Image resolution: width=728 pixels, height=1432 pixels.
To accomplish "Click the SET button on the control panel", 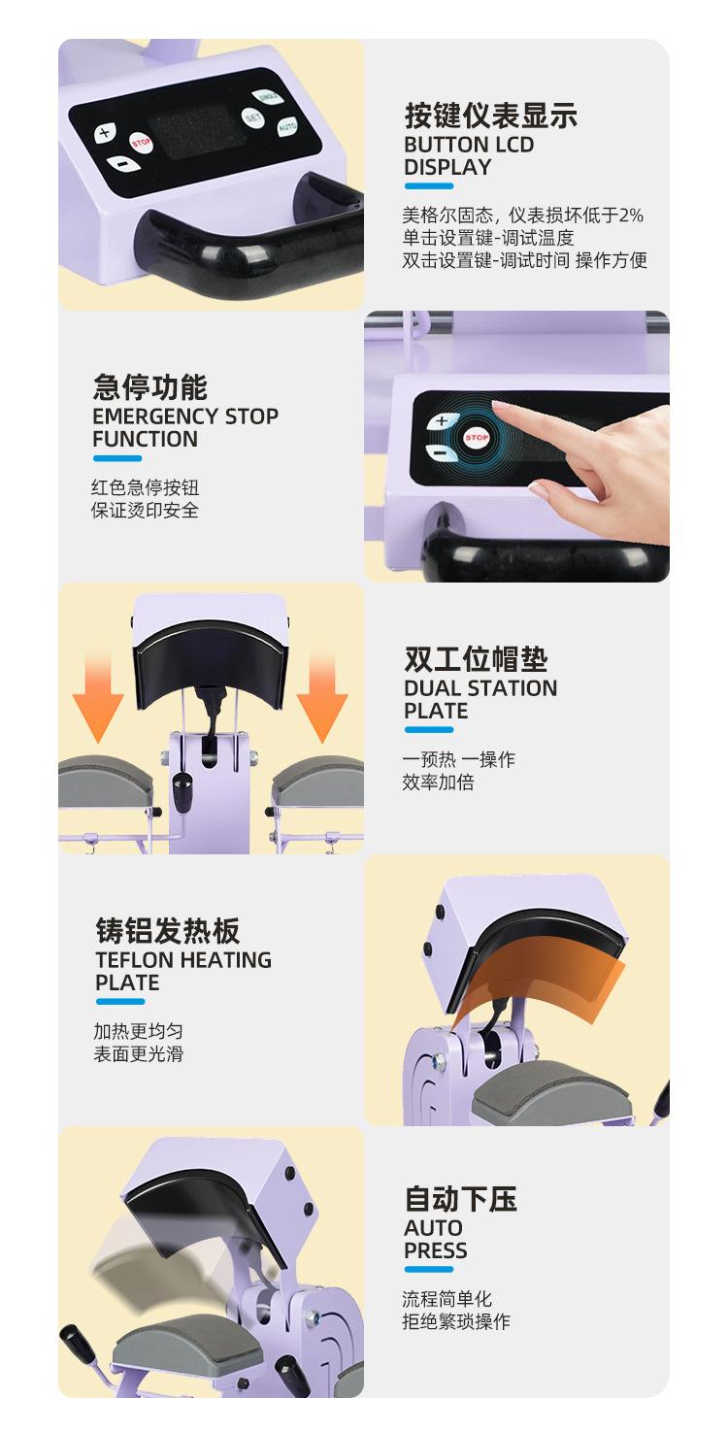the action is pos(253,117).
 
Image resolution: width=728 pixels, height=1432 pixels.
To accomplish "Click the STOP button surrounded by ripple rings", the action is pos(476,437).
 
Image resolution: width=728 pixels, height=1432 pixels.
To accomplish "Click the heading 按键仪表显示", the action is pos(491,116).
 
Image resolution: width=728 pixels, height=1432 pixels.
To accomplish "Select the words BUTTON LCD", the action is pos(469,145).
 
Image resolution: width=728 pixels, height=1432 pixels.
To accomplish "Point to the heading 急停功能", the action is pos(150,386).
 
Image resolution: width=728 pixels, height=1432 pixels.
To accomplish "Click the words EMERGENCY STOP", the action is pos(185,416).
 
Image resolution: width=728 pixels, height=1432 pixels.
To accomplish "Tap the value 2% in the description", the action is pos(631,215).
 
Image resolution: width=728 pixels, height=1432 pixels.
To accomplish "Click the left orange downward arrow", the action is pos(98,700).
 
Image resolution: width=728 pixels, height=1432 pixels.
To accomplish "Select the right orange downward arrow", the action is pos(322,700).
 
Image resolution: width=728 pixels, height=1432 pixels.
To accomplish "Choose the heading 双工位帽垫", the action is pos(476,658).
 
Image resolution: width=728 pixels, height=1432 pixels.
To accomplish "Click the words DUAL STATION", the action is pos(480,688).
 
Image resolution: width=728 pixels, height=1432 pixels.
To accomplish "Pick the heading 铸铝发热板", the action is pos(168,930).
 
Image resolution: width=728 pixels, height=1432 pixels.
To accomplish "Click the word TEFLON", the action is pos(135,959).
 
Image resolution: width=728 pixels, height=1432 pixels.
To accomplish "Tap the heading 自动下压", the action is pos(461,1199).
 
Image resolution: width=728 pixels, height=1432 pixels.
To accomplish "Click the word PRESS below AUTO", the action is pos(435,1250).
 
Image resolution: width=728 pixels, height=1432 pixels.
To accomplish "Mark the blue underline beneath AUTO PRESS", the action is pos(429,1269).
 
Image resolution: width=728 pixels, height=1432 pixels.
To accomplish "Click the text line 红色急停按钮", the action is pos(145,487).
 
